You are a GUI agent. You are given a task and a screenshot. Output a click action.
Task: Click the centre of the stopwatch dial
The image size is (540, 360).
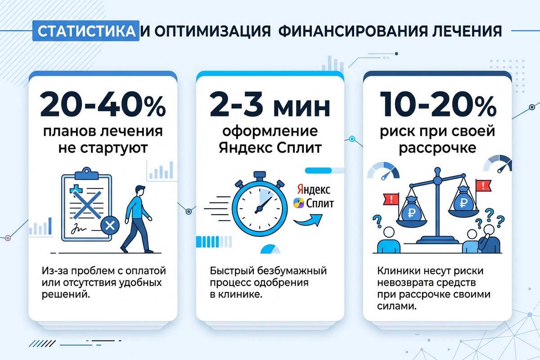258,208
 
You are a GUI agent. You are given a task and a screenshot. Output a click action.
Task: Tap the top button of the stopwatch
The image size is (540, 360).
259,175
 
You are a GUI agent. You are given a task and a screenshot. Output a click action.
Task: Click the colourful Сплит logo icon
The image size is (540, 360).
297,203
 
